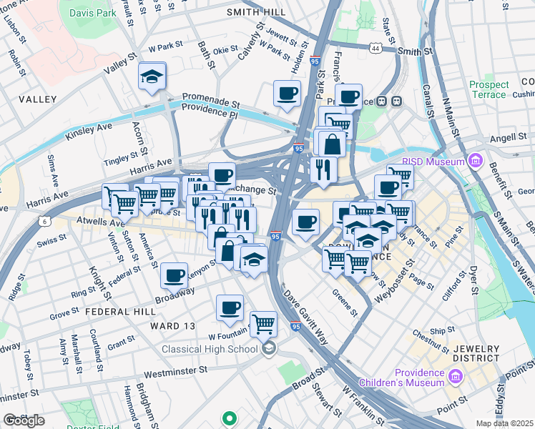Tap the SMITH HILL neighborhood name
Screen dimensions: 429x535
point(255,12)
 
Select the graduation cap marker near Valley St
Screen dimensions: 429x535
point(152,77)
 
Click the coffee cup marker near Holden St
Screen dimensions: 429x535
point(287,94)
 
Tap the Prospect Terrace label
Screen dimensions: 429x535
point(489,89)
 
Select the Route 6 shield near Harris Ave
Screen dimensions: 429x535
point(45,222)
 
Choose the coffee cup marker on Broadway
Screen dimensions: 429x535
point(174,275)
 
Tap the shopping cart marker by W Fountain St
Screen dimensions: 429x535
point(263,323)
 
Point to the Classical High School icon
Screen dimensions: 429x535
point(269,349)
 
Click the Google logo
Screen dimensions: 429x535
point(23,420)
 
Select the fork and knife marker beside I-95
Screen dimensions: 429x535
point(323,169)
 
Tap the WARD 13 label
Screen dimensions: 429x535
point(172,326)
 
